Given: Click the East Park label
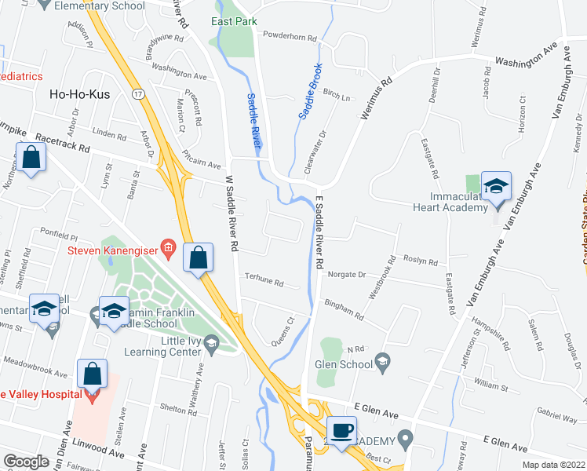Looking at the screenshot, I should pyautogui.click(x=233, y=21).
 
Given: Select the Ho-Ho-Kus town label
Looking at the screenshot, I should pyautogui.click(x=78, y=93).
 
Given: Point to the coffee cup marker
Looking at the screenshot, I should pyautogui.click(x=342, y=431).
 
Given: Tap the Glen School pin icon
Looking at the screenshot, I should pyautogui.click(x=382, y=361).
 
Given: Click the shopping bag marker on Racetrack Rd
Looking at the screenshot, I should pyautogui.click(x=31, y=157).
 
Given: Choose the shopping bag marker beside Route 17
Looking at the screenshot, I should pyautogui.click(x=199, y=257).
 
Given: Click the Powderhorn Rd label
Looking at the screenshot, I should pyautogui.click(x=290, y=37).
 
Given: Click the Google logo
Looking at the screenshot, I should pyautogui.click(x=26, y=462).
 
